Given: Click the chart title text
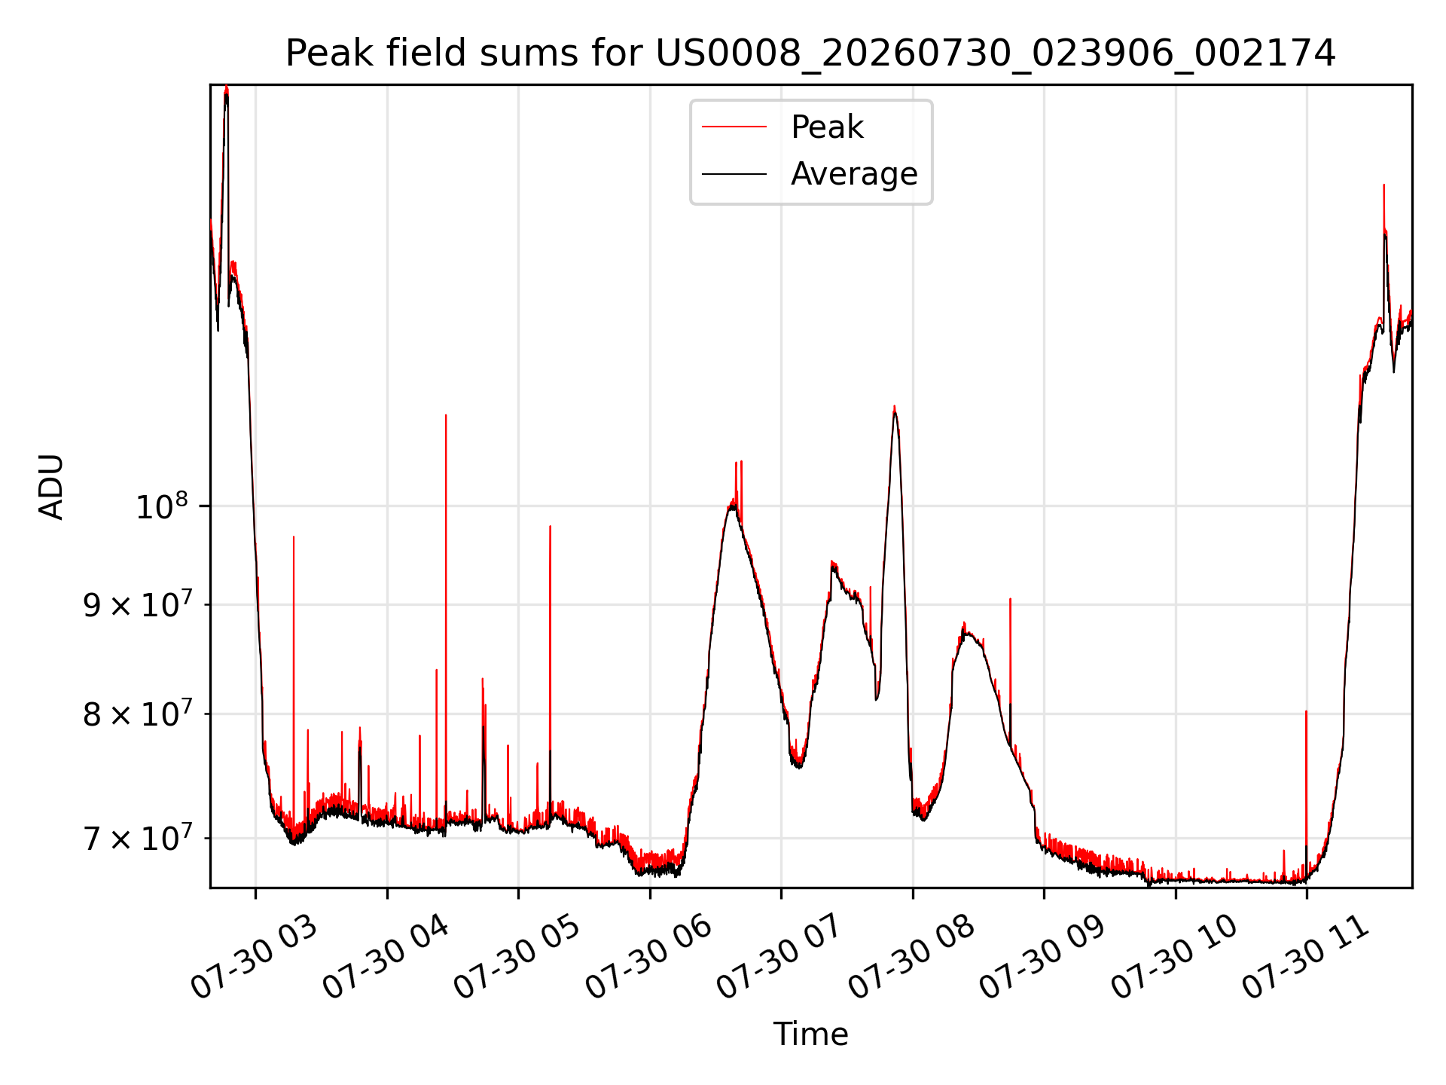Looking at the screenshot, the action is tap(810, 53).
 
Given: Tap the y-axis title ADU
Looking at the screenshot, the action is tap(51, 487).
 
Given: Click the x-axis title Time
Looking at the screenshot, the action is tap(810, 1035).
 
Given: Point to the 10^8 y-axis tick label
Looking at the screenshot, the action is tap(160, 506).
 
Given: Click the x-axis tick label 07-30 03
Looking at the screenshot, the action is tap(254, 956).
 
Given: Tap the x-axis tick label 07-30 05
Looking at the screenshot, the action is tap(517, 956).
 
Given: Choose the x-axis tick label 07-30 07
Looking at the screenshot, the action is tap(779, 956).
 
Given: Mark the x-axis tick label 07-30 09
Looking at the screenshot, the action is tap(1042, 956).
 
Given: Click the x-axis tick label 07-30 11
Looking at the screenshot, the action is tap(1305, 956).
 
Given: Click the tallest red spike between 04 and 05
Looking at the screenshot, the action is tap(446, 415).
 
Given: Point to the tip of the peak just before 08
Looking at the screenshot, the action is tap(894, 407).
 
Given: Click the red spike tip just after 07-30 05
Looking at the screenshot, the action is tap(550, 526).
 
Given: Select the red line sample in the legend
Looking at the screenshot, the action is tap(734, 127).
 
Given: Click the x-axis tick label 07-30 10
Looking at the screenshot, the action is tap(1174, 956).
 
